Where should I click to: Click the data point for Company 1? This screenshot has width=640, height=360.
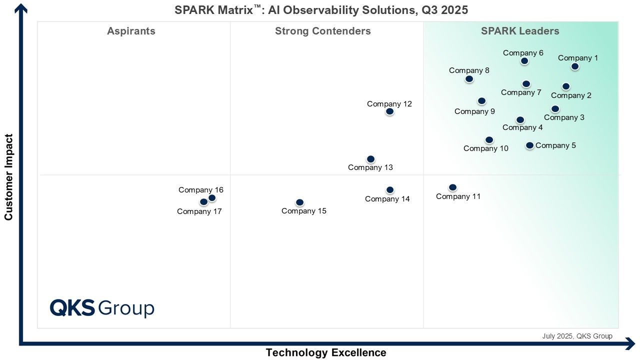[575, 66]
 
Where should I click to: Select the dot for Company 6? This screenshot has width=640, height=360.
[524, 61]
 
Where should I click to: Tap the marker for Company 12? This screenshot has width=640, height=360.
[389, 111]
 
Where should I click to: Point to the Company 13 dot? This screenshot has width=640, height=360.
[370, 159]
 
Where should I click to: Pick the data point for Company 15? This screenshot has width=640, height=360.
[299, 202]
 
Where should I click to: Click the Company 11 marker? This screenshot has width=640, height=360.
[452, 187]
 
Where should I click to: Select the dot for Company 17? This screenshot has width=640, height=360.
[203, 202]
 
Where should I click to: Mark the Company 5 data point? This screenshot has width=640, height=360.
[529, 145]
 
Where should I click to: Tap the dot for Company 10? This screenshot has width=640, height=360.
[489, 140]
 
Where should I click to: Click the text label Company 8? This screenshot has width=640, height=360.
[469, 70]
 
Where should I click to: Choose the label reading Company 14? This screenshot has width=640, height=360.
[387, 199]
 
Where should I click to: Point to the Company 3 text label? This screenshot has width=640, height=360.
[564, 117]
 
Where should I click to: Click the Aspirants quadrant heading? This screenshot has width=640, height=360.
[131, 31]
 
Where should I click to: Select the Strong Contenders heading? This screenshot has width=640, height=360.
[323, 31]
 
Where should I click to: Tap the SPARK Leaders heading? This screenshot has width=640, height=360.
[520, 31]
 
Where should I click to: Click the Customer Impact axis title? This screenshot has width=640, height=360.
[8, 177]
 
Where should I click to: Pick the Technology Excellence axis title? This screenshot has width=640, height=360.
[326, 352]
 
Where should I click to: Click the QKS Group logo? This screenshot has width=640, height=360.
[102, 308]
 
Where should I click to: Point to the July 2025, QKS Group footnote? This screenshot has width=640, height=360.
[577, 336]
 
